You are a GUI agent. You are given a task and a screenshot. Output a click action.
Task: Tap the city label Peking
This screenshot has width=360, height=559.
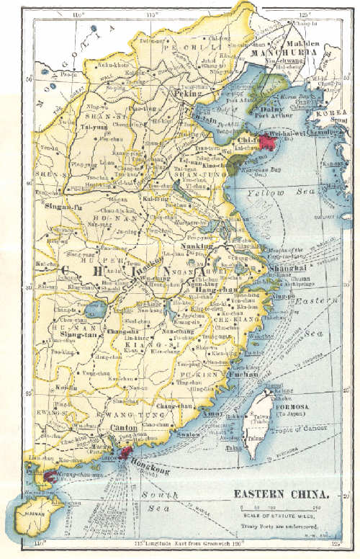[x=185, y=94]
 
